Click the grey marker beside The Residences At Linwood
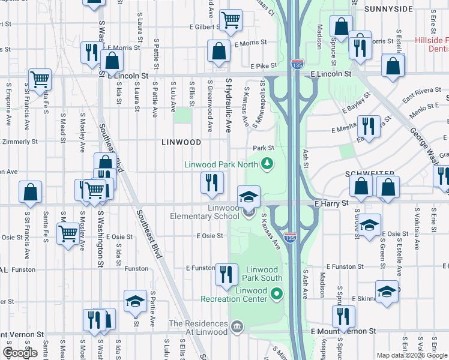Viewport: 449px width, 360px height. pos(237,327)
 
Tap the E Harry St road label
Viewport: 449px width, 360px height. pos(332,204)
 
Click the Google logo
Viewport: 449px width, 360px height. pos(20,353)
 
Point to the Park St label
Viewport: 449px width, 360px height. pos(263,148)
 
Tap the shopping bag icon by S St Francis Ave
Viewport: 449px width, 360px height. pos(31,192)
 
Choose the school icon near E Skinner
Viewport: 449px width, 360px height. pos(387,291)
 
